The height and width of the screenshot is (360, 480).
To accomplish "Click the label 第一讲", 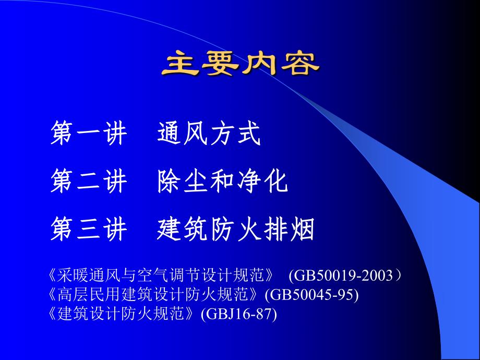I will (89, 135).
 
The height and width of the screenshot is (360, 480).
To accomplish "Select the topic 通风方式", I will (209, 135).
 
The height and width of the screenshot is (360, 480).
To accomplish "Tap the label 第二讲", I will (89, 183).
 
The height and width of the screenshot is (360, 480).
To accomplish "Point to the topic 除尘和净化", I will (222, 183).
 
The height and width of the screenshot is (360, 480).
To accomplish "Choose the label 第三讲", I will (89, 230).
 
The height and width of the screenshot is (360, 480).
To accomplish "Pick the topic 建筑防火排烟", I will (236, 230).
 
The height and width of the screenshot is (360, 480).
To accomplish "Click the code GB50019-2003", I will (342, 275).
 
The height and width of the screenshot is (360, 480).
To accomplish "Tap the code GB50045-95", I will (311, 295).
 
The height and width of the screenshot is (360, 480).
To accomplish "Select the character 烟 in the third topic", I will (302, 230).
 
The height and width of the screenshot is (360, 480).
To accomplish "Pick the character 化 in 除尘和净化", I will (275, 183).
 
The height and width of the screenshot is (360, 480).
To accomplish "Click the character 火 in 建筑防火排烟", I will (249, 230).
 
